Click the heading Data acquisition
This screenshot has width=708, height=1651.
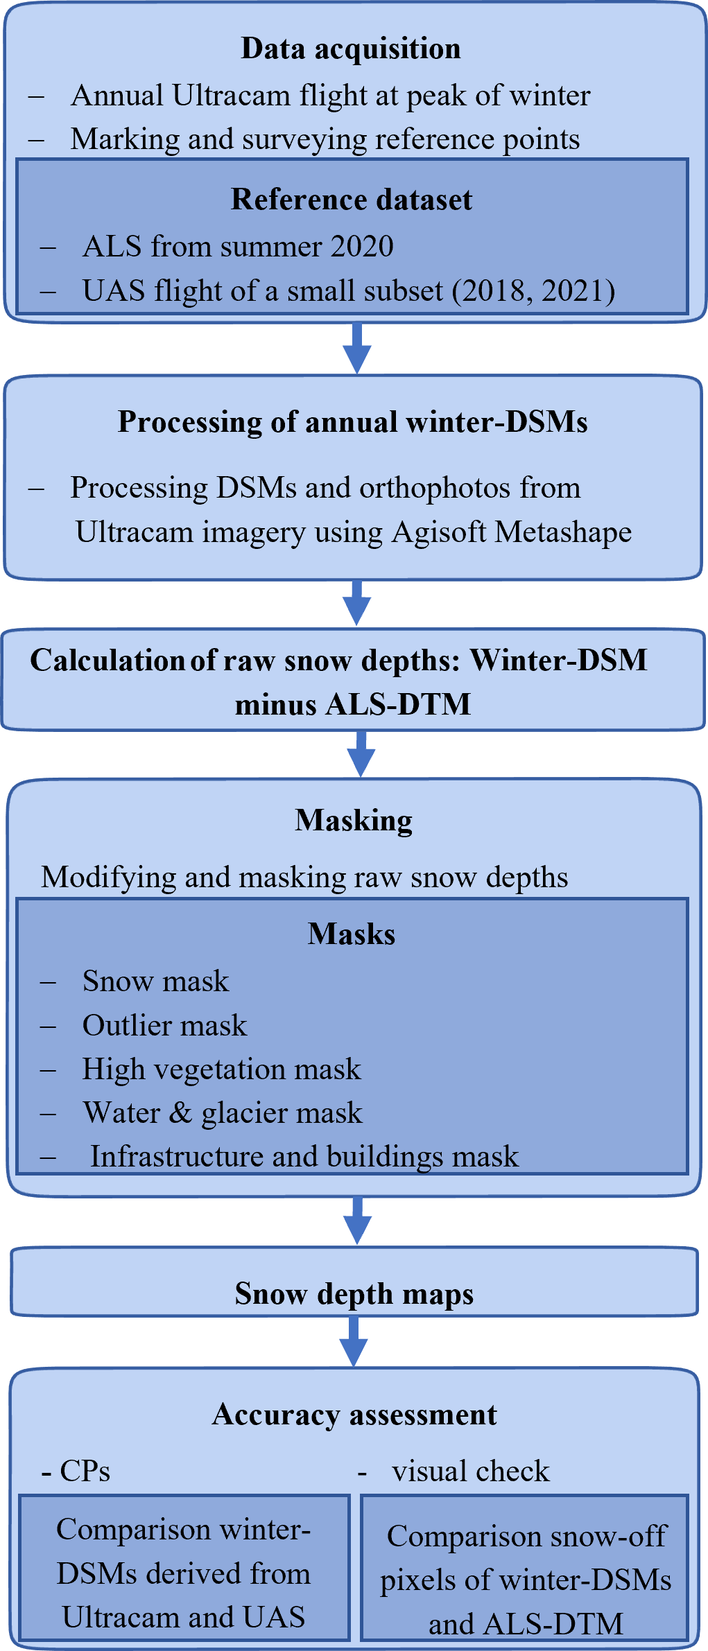[351, 49]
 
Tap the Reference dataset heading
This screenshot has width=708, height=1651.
[352, 200]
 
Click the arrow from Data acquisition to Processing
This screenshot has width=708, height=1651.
[357, 347]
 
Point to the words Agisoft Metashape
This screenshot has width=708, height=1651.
[512, 532]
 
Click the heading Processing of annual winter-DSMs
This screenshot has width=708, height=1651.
[353, 422]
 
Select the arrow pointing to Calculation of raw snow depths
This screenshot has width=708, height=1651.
[357, 602]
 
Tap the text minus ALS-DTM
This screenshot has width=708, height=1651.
[353, 705]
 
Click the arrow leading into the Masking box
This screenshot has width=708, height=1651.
[361, 753]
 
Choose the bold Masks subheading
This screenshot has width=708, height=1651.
[352, 934]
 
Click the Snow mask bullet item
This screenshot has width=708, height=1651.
[155, 981]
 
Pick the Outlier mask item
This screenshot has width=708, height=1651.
[164, 1026]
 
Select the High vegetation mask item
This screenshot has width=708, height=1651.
[221, 1069]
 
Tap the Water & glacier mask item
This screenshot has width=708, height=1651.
[222, 1113]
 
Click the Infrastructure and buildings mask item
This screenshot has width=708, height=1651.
[304, 1157]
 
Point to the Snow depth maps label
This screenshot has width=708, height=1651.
[354, 1294]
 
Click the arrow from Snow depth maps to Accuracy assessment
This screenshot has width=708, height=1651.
[354, 1340]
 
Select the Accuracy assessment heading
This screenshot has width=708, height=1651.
[354, 1415]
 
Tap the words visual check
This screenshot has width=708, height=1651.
[470, 1471]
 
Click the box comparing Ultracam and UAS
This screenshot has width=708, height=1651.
[184, 1573]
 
